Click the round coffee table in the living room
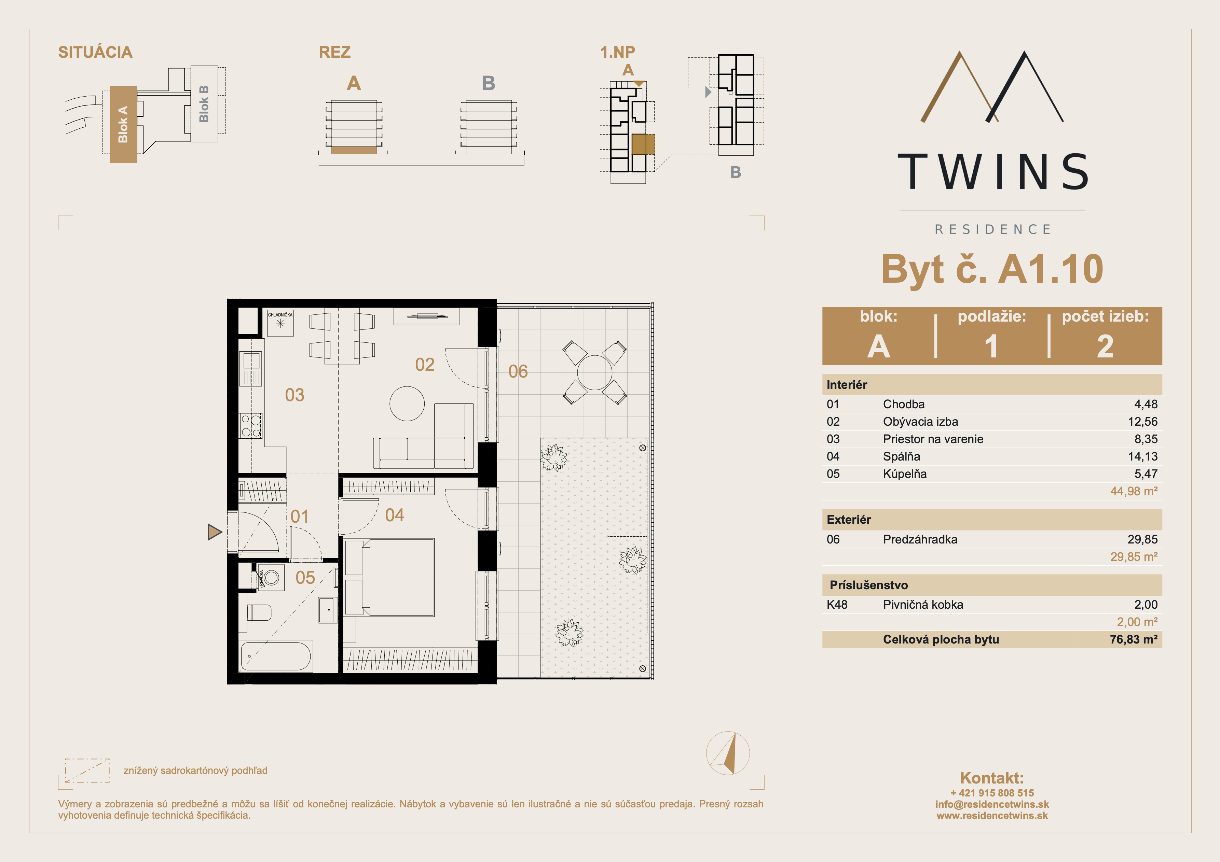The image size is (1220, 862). (x=407, y=404)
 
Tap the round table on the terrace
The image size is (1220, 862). (x=594, y=372)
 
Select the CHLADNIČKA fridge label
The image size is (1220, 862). (x=280, y=315)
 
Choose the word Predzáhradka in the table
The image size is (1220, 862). (x=920, y=540)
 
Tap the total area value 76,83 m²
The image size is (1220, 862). (x=1133, y=639)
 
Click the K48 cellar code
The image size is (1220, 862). (x=837, y=604)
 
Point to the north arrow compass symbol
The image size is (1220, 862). (x=728, y=753)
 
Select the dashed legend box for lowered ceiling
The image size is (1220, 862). (x=87, y=771)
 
